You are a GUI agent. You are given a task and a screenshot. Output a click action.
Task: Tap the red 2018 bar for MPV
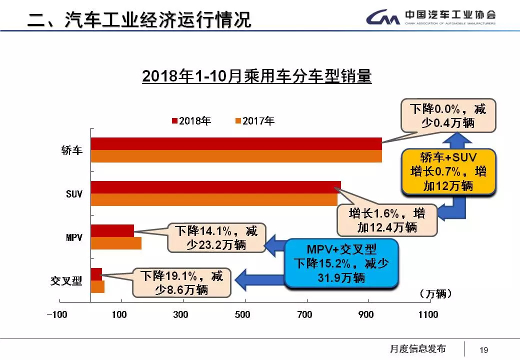click(x=112, y=230)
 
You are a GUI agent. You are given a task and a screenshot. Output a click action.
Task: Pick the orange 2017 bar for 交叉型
click(x=97, y=287)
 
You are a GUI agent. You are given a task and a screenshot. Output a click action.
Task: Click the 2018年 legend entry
click(x=191, y=120)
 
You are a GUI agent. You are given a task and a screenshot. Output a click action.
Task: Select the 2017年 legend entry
click(x=255, y=120)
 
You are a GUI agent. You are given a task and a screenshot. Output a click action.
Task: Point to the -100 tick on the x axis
click(x=56, y=314)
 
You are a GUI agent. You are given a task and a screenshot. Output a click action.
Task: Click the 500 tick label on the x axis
click(x=242, y=314)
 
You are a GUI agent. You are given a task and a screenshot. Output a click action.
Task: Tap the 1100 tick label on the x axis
click(x=427, y=314)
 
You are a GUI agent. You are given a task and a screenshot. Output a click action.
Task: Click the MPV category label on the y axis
click(x=74, y=237)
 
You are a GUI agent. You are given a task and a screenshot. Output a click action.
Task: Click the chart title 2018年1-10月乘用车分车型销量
click(x=256, y=76)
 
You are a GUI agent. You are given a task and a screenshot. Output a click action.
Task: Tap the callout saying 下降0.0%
click(x=448, y=115)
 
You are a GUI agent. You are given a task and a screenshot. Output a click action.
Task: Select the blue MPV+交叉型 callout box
click(x=341, y=263)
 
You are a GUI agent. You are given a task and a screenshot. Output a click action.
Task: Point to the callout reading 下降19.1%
click(x=181, y=282)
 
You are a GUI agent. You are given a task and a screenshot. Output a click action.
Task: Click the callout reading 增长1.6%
click(x=386, y=220)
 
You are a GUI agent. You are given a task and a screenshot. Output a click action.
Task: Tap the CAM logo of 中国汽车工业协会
click(x=382, y=18)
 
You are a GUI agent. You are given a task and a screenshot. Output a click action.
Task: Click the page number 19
click(x=483, y=350)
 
